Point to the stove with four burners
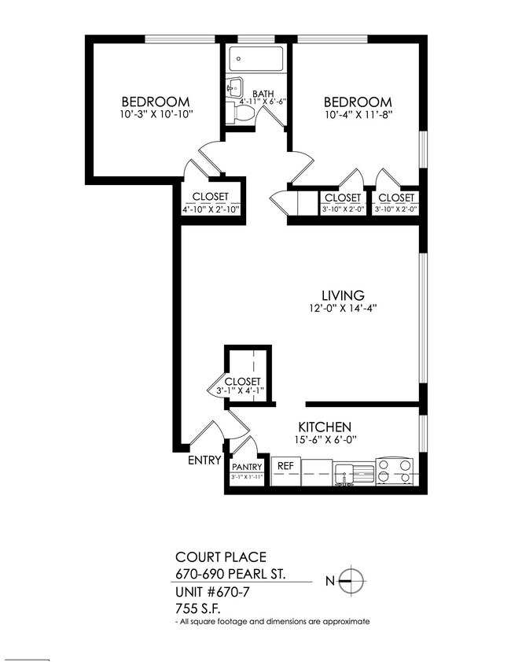395,471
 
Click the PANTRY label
247,467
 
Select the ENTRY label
204,461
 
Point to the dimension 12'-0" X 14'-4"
344,309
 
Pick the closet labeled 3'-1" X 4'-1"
242,382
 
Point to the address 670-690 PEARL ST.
241,574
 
